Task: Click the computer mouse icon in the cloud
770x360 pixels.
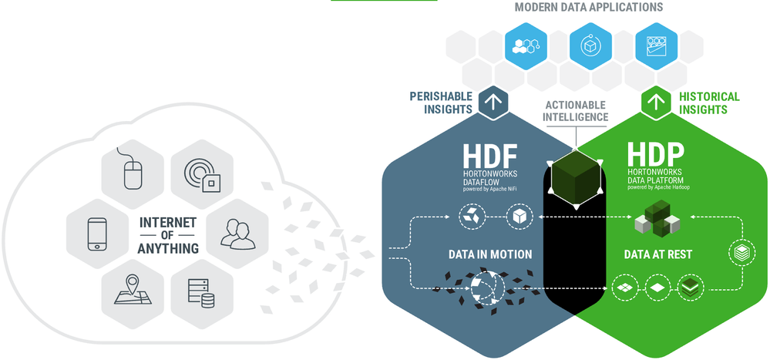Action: (133, 169)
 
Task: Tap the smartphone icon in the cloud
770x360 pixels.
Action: (97, 234)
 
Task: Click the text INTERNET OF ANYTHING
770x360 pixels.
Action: (167, 235)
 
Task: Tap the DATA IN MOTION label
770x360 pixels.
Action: (489, 254)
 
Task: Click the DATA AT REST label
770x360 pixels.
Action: (658, 254)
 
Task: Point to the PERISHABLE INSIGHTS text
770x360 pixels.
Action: (440, 103)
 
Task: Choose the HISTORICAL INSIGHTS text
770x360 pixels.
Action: (708, 103)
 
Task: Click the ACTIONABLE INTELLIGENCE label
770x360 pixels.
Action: (575, 111)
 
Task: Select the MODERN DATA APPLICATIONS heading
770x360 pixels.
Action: (588, 7)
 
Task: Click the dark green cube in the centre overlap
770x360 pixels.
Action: (576, 176)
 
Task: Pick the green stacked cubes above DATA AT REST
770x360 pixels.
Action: (657, 218)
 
